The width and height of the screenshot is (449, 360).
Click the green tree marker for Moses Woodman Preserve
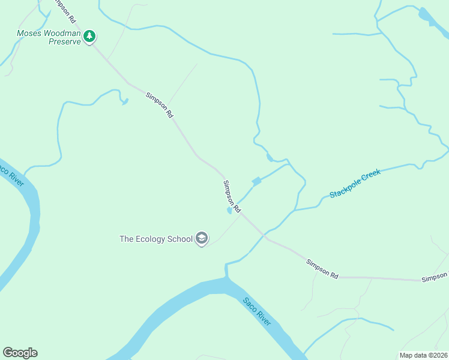[x=89, y=37]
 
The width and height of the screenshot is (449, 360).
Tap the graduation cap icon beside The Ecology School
[x=202, y=239]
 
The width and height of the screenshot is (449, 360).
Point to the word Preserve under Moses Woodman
[x=64, y=43]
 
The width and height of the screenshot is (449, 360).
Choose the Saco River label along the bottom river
[x=257, y=312]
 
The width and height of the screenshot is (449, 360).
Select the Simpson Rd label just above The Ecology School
[x=232, y=196]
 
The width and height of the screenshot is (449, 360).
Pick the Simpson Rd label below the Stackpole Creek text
[x=322, y=268]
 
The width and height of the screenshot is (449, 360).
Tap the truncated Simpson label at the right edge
[x=435, y=277]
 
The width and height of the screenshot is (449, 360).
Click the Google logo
[x=20, y=353]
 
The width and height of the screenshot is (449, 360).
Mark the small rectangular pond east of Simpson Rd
[x=256, y=181]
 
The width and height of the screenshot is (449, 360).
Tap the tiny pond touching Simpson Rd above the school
[x=229, y=211]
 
